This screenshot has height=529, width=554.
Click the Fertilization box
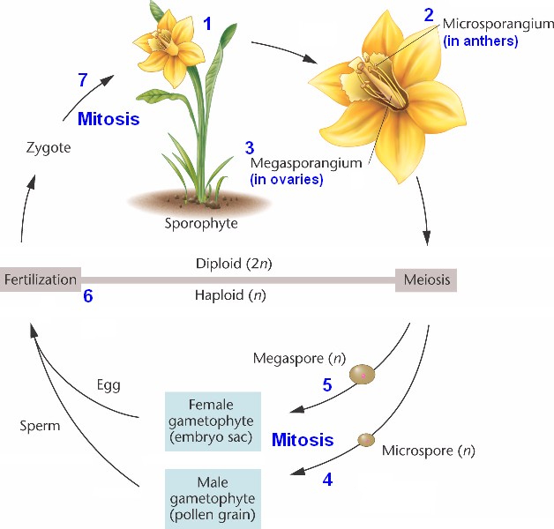(x=41, y=280)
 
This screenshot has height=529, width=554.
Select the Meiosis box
(x=426, y=280)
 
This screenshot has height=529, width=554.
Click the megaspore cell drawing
(x=362, y=375)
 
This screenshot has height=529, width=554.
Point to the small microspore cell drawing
(x=364, y=440)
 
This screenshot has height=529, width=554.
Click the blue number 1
(x=208, y=23)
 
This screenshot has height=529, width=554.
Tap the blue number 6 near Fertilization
(x=87, y=297)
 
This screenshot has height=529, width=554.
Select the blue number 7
(x=82, y=80)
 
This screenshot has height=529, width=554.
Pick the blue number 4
(x=328, y=481)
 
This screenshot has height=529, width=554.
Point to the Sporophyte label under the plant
(x=201, y=223)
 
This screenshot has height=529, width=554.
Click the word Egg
(x=109, y=385)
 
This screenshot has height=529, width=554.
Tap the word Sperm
(x=40, y=426)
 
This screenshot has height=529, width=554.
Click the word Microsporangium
(x=498, y=22)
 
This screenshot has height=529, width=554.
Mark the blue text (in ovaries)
(x=287, y=180)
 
